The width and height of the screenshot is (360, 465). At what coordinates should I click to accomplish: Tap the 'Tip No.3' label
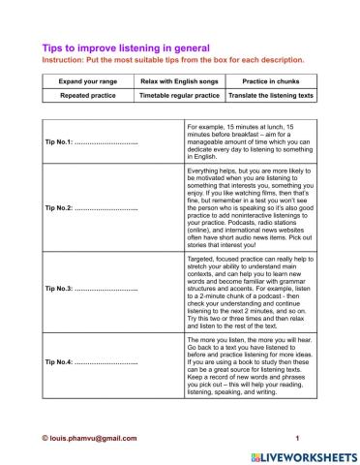63,291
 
